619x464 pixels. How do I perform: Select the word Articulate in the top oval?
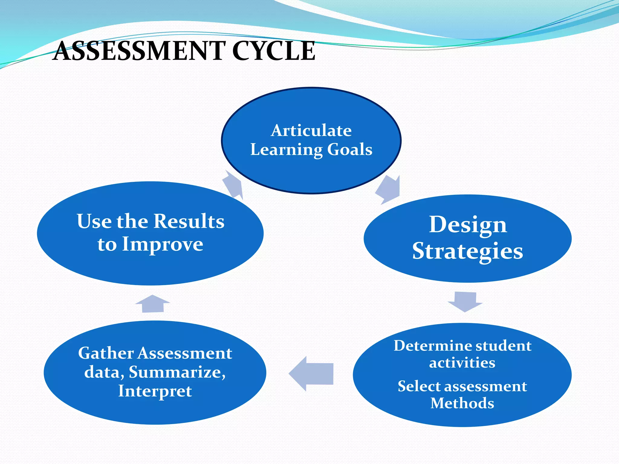pyautogui.click(x=311, y=130)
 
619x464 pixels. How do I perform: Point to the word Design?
pyautogui.click(x=468, y=225)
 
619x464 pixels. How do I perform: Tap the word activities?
pyautogui.click(x=462, y=362)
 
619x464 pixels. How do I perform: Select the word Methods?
pyautogui.click(x=462, y=403)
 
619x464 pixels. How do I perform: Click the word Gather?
pyautogui.click(x=106, y=353)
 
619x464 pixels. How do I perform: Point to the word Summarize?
pyautogui.click(x=177, y=372)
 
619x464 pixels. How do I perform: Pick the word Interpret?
pyautogui.click(x=155, y=391)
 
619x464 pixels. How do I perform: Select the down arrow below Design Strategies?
pyautogui.click(x=465, y=301)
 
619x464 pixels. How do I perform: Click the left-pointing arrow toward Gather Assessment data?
pyautogui.click(x=311, y=374)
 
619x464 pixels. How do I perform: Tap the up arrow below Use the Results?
pyautogui.click(x=153, y=304)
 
